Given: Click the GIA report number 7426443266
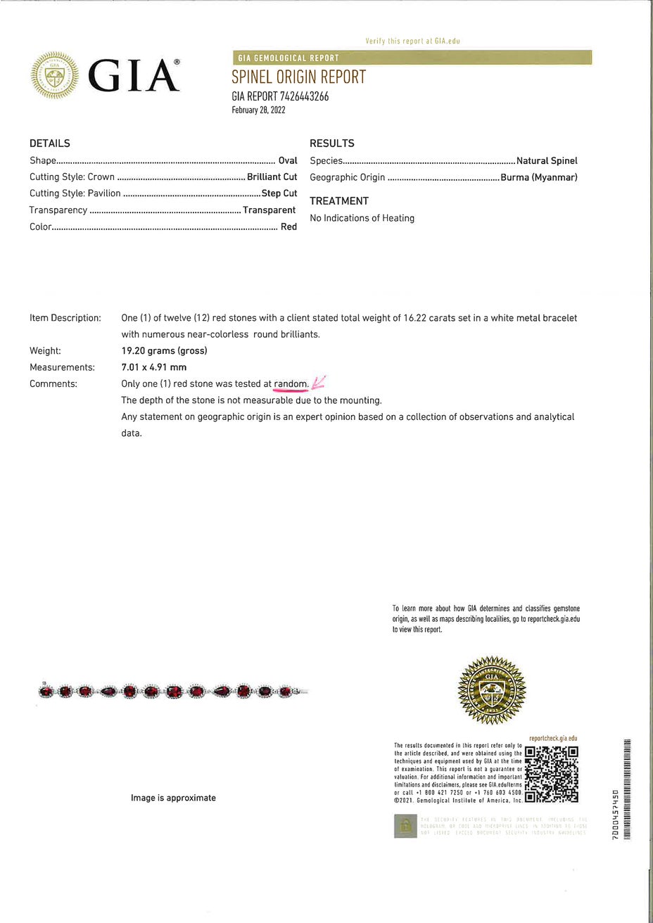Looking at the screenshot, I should click(x=280, y=96).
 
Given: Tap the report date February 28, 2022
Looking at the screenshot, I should click(x=258, y=110).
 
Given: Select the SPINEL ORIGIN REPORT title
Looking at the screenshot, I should click(x=299, y=77).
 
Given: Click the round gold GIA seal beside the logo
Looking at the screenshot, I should click(x=56, y=75).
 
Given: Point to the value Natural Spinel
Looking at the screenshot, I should click(x=547, y=161).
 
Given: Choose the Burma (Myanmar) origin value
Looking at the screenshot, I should click(x=539, y=177).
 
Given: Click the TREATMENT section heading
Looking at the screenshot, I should click(x=339, y=201).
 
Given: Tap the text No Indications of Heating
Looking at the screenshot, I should click(x=362, y=218).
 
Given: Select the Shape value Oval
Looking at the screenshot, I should click(x=288, y=161).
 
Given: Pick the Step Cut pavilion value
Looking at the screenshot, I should click(x=279, y=193).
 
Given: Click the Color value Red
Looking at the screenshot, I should click(x=289, y=227).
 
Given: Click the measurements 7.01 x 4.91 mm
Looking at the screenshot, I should click(x=153, y=367).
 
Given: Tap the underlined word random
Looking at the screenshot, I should click(x=291, y=384).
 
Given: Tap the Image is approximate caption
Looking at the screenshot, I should click(x=173, y=798).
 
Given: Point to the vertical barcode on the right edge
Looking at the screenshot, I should click(x=627, y=788).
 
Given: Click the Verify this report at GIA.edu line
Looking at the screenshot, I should click(x=412, y=42).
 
